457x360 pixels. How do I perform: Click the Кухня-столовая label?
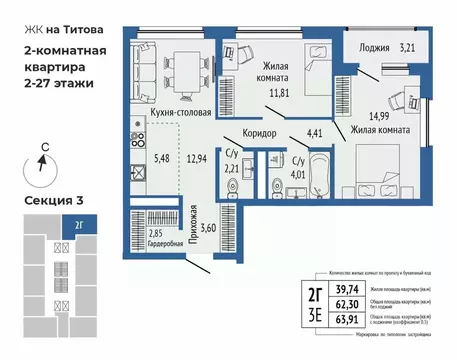180,113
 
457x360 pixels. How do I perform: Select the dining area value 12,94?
198,158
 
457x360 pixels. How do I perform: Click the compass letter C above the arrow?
43,146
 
